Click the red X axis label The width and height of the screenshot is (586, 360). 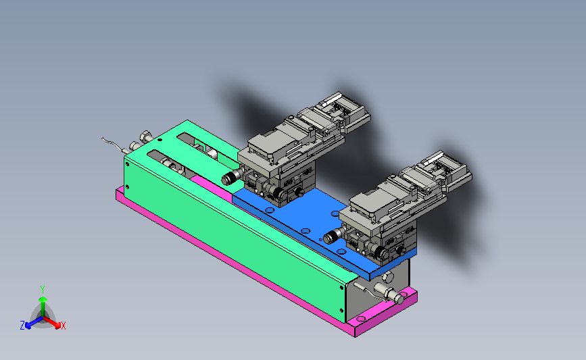tap(64, 326)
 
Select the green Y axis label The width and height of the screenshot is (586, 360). tap(43, 290)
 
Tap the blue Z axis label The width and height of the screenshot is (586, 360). tap(22, 326)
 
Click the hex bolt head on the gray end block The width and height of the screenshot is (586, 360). tap(387, 278)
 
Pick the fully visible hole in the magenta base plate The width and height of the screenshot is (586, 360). tap(361, 319)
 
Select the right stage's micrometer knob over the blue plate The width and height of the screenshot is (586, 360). tap(334, 236)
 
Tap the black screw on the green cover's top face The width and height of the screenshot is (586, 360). tap(160, 140)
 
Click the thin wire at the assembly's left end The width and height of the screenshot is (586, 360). tap(114, 145)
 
